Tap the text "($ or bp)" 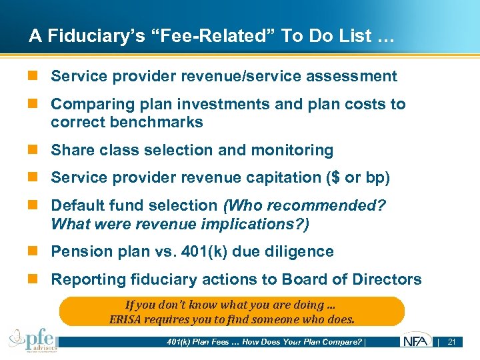coord(357,178)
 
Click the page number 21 coord(451,342)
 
